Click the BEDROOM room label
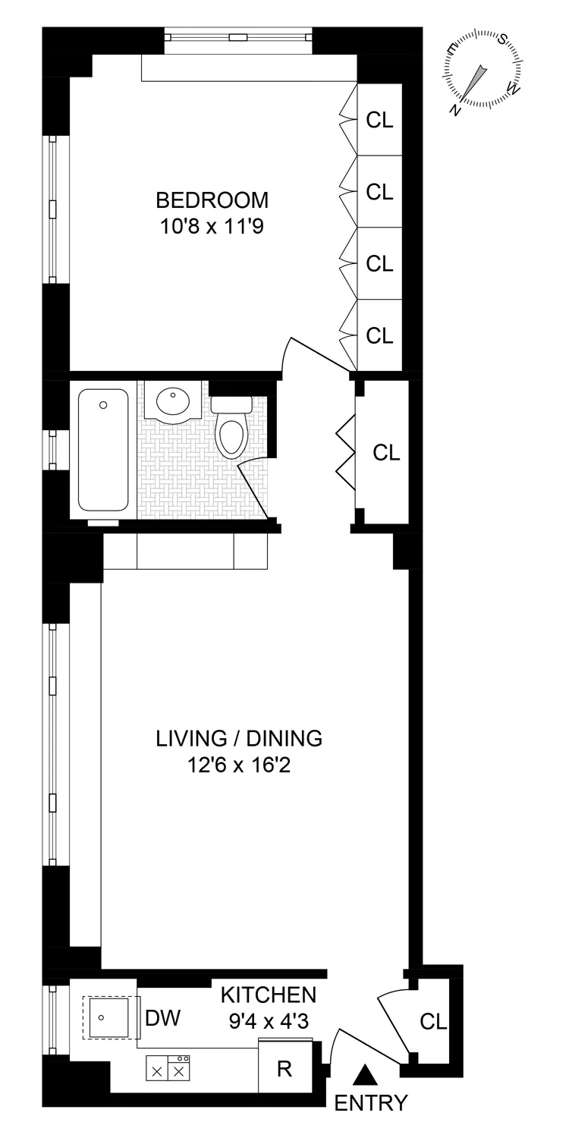[212, 200]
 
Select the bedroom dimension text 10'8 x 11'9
[212, 225]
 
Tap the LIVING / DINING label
[239, 738]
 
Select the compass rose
[483, 70]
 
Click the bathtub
[103, 450]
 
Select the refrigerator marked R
[284, 1068]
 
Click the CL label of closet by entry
[434, 1022]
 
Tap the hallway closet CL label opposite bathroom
[386, 453]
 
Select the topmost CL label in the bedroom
[379, 121]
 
